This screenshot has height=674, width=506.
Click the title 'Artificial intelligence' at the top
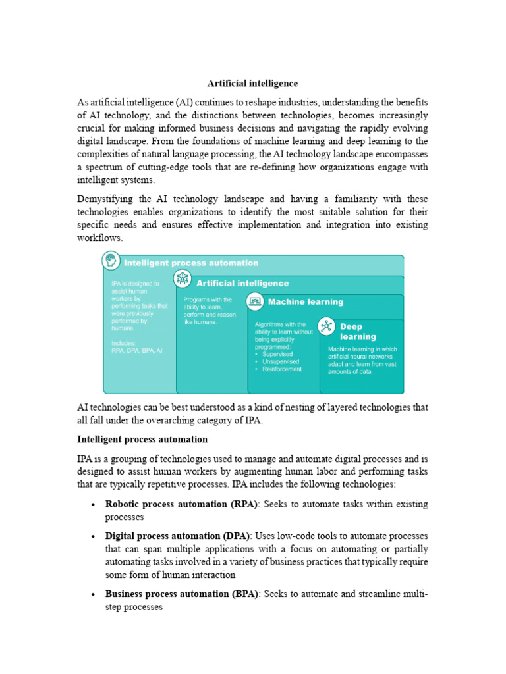point(253,84)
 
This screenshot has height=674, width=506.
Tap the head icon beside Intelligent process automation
point(111,261)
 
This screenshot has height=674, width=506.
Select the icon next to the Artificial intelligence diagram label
point(182,279)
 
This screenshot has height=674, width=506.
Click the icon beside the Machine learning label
point(255,301)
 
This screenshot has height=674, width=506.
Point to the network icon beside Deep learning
point(327,326)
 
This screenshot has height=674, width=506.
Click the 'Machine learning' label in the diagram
point(305,302)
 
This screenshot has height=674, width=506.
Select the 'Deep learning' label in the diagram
point(358,332)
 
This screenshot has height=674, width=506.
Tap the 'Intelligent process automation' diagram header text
point(191,263)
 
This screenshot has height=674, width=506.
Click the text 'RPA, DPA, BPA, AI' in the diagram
point(136,351)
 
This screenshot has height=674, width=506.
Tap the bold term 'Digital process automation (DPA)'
point(177,536)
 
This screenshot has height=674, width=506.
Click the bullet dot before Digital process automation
point(92,536)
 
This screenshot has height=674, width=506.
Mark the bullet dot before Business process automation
point(92,594)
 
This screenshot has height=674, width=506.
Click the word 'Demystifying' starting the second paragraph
point(107,199)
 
